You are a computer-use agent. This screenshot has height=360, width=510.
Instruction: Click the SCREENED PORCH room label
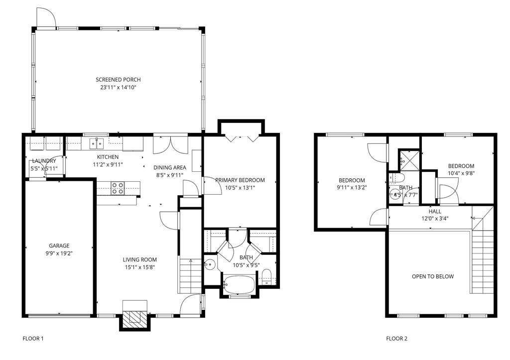coord(118,80)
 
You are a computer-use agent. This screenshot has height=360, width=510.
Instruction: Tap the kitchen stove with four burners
coord(118,188)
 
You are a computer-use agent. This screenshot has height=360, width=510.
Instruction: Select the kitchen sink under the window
coord(96,144)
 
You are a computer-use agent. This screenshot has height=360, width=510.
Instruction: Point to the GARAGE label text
coord(59,245)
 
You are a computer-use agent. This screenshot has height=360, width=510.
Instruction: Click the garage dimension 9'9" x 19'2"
coord(59,253)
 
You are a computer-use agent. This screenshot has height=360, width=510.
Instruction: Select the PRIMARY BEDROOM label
coord(240,180)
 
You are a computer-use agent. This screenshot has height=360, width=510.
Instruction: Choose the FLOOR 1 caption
coord(33,339)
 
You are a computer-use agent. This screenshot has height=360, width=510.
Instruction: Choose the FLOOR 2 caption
coord(397,339)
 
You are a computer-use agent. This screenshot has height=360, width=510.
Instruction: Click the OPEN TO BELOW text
coord(432,276)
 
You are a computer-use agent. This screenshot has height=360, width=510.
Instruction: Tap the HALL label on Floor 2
coord(435,212)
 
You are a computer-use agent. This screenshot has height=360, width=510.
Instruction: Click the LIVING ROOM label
coord(140,259)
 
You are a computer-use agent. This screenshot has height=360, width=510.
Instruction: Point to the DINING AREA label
coord(169,168)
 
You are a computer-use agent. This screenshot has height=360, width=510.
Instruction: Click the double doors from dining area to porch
coord(170,144)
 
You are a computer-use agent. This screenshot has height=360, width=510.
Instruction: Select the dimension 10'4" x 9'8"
coord(461,174)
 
